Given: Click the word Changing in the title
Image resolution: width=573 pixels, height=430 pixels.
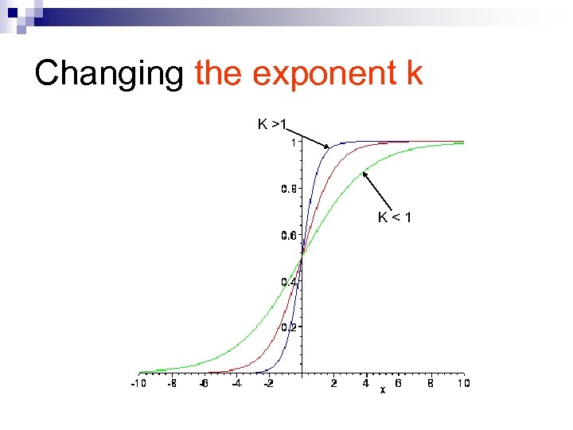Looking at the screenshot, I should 109,73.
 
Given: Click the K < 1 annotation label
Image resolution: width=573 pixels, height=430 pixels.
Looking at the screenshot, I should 395,217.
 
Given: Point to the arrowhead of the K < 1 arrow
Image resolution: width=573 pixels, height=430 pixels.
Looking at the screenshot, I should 364,172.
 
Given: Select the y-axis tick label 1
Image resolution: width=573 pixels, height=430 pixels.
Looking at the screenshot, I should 294,143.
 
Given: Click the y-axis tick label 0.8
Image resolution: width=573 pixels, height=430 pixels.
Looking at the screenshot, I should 289,189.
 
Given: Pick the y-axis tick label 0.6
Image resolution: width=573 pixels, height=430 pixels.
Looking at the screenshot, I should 289,235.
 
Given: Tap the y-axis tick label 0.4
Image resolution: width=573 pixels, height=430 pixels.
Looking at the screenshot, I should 289,281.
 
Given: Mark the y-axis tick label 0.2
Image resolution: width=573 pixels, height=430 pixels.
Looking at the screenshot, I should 289,327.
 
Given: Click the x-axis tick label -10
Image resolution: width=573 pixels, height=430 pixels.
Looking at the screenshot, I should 138,383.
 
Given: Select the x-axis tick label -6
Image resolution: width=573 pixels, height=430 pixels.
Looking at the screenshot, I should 203,383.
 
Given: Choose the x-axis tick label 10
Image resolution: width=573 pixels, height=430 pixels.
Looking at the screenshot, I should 463,383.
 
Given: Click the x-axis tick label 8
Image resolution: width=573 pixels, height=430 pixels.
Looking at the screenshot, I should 431,383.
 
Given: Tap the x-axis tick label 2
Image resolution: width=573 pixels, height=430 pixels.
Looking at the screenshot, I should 334,383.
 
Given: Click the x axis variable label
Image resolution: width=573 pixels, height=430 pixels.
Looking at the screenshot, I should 383,389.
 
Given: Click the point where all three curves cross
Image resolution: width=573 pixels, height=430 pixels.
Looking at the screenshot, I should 302,257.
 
